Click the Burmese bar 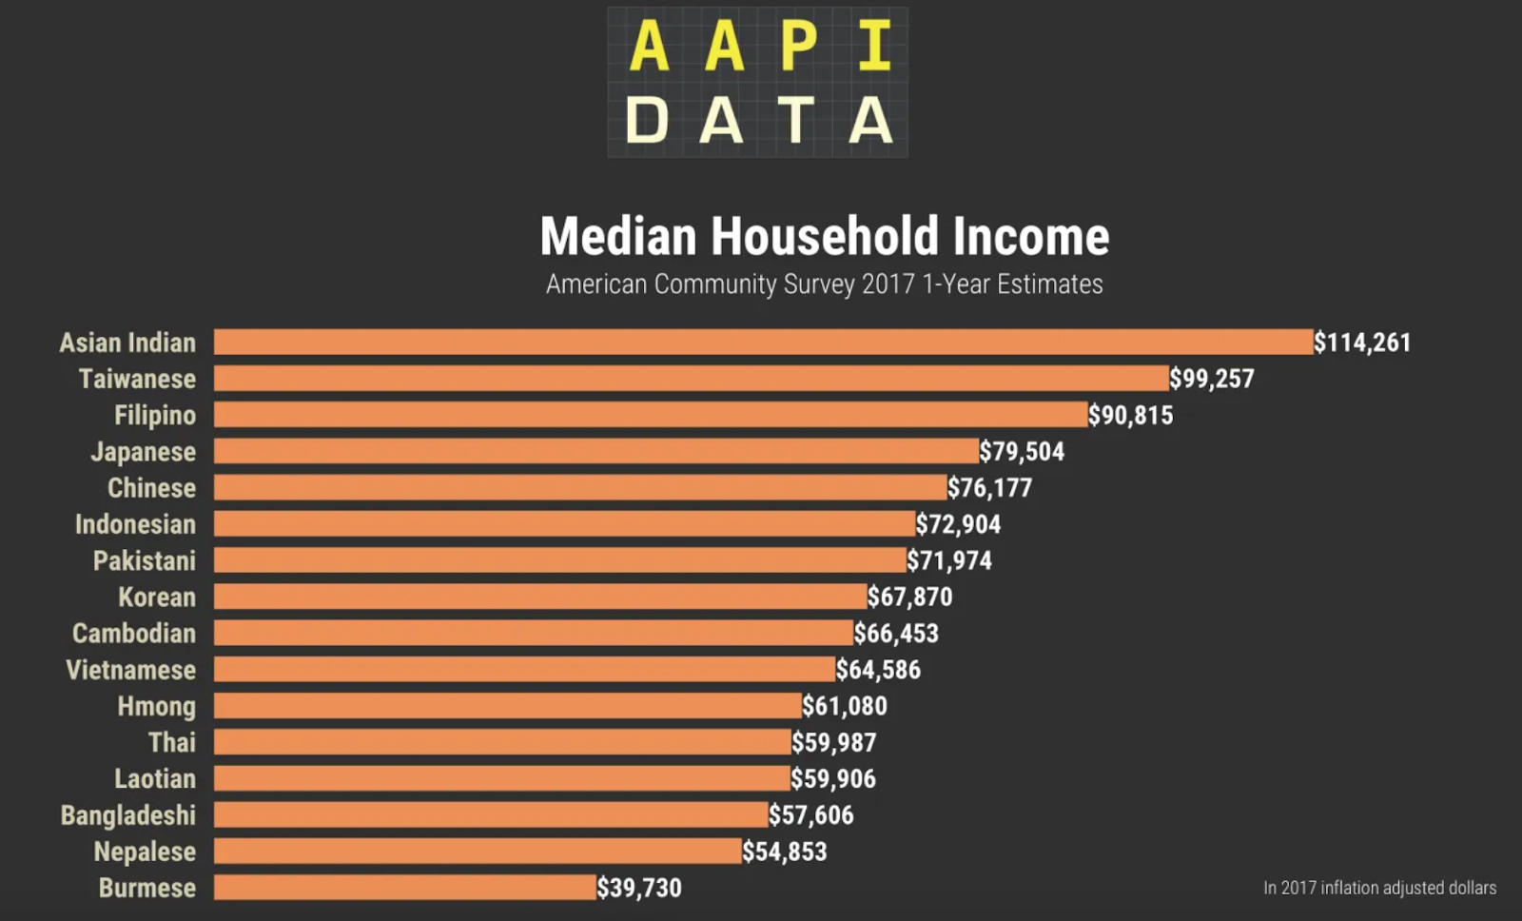(x=405, y=887)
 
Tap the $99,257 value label (x=1212, y=379)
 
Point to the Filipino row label (x=155, y=415)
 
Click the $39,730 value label (x=639, y=888)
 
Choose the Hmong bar (x=507, y=705)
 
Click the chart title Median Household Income (x=824, y=236)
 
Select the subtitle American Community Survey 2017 (x=824, y=284)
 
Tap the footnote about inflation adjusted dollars (x=1379, y=888)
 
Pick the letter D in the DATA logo (x=647, y=121)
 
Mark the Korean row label (x=157, y=597)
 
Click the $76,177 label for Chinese (x=989, y=488)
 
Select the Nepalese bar (x=478, y=851)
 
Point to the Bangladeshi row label (x=128, y=814)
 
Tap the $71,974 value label (x=949, y=560)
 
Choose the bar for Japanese (x=595, y=451)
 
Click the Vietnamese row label (x=131, y=670)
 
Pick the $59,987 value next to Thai (x=834, y=742)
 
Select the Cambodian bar (x=533, y=633)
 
